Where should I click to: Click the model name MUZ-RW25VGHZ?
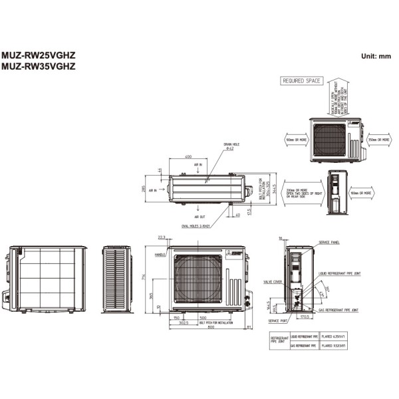(x=39, y=57)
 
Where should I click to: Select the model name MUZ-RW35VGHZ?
(x=39, y=66)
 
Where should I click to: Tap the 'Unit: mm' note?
(x=376, y=57)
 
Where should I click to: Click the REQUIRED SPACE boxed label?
(x=302, y=81)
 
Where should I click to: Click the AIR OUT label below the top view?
(x=199, y=217)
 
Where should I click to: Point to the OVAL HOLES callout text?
(x=196, y=226)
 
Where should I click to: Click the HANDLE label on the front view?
(x=160, y=255)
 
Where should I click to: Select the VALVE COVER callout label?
(x=273, y=281)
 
